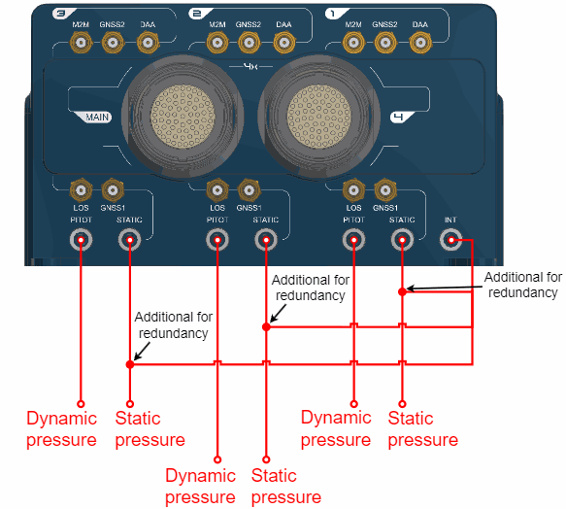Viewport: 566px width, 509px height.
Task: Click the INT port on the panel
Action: (450, 240)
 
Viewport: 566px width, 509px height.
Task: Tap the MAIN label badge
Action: (93, 117)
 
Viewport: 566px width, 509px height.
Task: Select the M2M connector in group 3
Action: (81, 43)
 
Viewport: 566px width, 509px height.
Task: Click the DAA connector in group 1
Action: (420, 43)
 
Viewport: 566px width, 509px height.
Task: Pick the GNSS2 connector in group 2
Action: (249, 43)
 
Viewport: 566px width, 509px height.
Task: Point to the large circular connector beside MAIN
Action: (183, 117)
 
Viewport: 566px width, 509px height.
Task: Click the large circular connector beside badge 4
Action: (319, 117)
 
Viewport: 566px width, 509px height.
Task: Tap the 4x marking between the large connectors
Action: (250, 66)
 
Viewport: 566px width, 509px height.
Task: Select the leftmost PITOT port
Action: (81, 240)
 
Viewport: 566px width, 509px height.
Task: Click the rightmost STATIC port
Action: (403, 240)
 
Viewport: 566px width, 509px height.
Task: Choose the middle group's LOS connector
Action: (217, 190)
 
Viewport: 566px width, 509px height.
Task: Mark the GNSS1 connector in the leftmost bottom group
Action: (113, 190)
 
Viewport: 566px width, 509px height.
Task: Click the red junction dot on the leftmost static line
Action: (130, 364)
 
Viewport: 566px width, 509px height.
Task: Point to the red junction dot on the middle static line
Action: (266, 327)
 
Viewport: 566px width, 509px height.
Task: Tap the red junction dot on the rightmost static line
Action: (403, 291)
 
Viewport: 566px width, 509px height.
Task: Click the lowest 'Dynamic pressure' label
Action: (200, 487)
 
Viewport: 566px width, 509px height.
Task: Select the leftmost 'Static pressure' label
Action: (150, 429)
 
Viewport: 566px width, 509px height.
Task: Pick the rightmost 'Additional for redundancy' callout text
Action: (523, 285)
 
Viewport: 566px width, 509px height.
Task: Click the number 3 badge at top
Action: (60, 14)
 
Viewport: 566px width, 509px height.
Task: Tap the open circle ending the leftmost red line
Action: (81, 404)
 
